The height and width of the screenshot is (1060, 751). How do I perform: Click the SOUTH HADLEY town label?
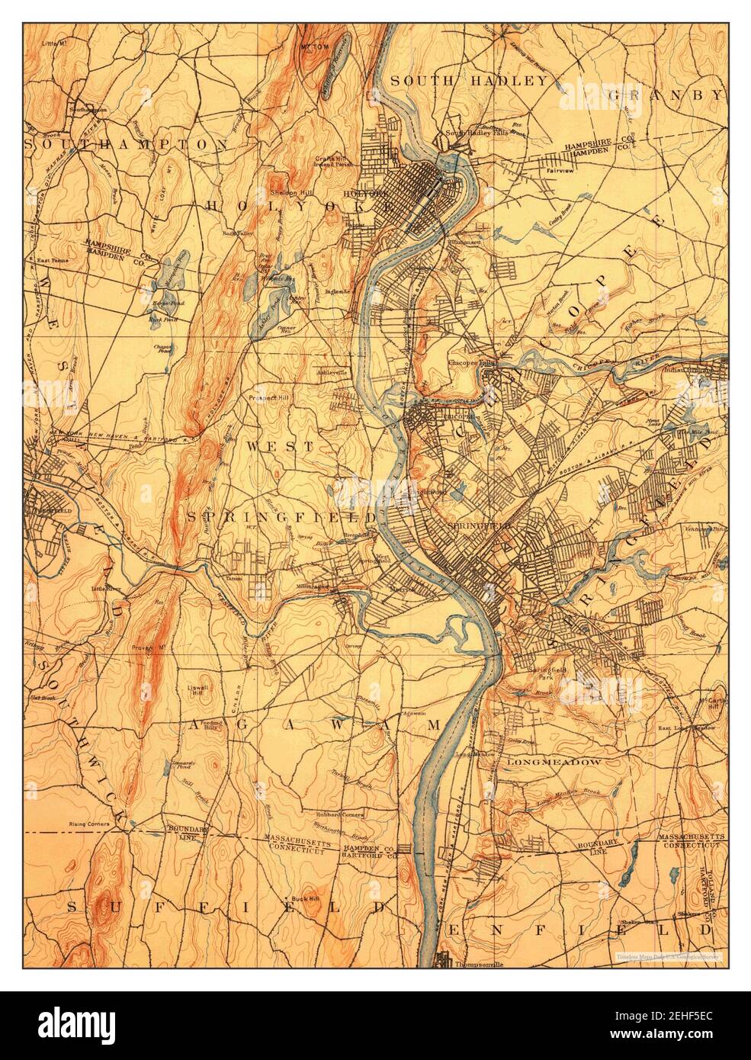point(468,81)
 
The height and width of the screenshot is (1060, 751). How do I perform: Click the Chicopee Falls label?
point(472,363)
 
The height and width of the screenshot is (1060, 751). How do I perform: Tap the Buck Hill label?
point(313,897)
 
